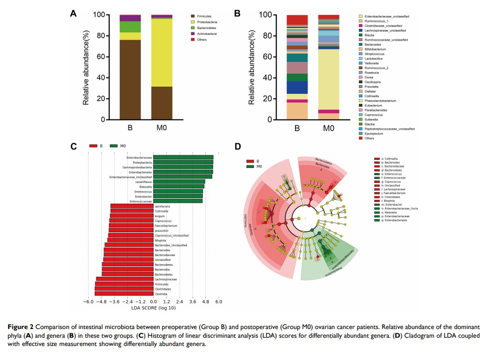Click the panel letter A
click(74, 14)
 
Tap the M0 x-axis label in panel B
click(329, 129)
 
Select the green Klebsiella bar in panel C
click(179, 186)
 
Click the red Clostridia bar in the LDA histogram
click(124, 294)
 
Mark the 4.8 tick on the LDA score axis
click(205, 302)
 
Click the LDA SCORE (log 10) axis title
click(154, 308)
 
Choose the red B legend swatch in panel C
click(93, 146)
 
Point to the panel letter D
click(237, 146)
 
